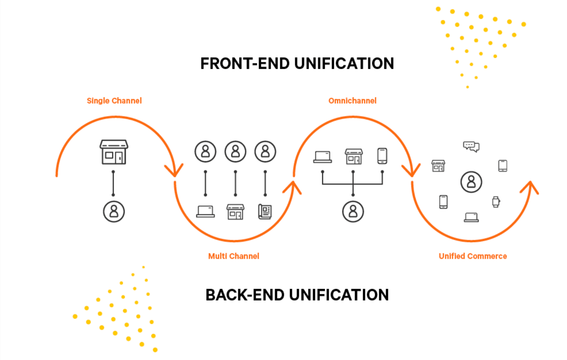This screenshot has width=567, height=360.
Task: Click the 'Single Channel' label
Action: [114, 101]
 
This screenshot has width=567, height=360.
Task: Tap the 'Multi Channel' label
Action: [234, 256]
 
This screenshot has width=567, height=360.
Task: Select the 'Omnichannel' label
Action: [352, 101]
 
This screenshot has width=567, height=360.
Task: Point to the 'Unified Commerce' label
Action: [473, 256]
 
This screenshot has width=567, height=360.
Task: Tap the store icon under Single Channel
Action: [114, 152]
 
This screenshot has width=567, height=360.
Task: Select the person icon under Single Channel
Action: [114, 212]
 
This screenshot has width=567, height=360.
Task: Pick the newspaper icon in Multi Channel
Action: [265, 212]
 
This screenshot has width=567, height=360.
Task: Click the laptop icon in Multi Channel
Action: [206, 211]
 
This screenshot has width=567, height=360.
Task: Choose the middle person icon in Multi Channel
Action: [235, 152]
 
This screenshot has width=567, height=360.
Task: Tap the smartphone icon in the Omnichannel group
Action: [382, 156]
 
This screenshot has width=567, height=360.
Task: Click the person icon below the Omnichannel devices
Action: [353, 212]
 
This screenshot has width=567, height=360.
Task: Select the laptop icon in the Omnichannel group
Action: [323, 157]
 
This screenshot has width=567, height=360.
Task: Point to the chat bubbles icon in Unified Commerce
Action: [471, 146]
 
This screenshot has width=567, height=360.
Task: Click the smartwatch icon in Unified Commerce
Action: [496, 202]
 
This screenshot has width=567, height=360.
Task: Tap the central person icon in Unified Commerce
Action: [471, 182]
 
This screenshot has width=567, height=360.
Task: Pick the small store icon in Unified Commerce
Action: [438, 166]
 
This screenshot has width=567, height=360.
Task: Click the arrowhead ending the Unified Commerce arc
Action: [530, 186]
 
